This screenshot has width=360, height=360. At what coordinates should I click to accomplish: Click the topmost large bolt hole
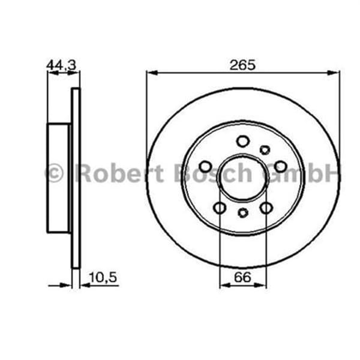242,142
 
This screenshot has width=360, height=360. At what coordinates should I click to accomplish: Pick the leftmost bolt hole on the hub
205,166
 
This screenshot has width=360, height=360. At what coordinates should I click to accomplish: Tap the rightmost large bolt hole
280,166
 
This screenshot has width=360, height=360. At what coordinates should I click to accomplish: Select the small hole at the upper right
265,150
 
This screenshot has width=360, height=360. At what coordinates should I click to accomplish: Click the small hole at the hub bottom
243,212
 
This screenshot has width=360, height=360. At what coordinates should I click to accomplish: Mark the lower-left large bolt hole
220,208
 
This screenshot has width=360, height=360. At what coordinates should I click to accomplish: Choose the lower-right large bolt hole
266,208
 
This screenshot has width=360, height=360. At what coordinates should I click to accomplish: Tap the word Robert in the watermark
118,173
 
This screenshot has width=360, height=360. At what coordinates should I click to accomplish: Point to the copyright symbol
54,173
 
